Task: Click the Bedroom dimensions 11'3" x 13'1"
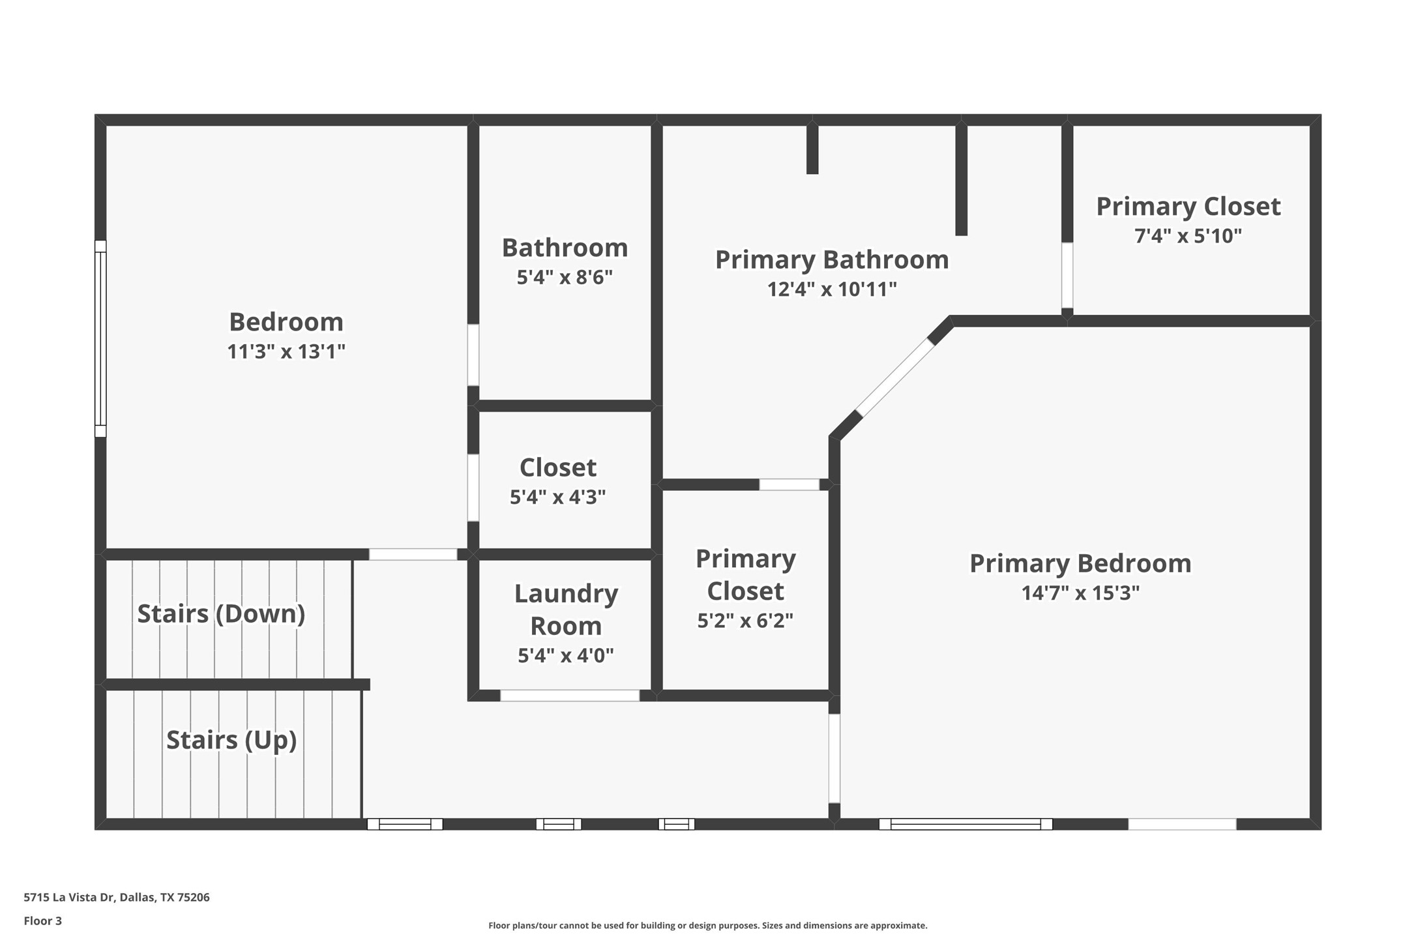click(x=286, y=351)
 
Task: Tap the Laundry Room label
click(x=566, y=609)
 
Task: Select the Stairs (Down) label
click(x=221, y=613)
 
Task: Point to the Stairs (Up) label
click(x=231, y=740)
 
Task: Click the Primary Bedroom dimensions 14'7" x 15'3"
click(x=1080, y=593)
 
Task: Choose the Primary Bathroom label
click(x=832, y=259)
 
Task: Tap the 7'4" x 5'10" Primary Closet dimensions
click(x=1188, y=235)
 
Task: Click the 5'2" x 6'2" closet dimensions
click(x=745, y=621)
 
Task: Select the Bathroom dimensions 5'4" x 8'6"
click(x=565, y=277)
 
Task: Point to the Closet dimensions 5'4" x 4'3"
click(x=557, y=497)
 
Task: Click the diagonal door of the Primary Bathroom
click(x=895, y=377)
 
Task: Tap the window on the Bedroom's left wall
click(x=100, y=338)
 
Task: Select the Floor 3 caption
click(x=43, y=921)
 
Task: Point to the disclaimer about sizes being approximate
click(x=707, y=925)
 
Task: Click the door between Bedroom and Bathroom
click(x=473, y=355)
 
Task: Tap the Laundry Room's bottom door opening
click(x=570, y=696)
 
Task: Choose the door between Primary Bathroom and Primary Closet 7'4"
click(x=1067, y=275)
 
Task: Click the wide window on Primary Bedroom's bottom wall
click(x=966, y=824)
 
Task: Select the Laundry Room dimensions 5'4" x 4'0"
click(x=566, y=655)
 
